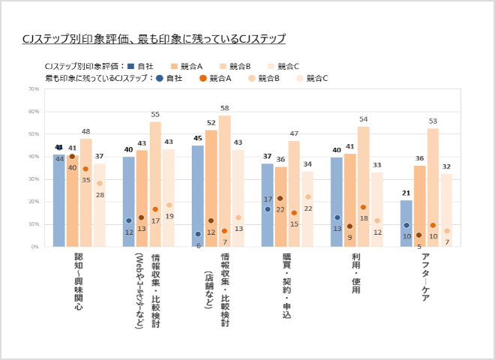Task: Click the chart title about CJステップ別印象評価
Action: tap(154, 37)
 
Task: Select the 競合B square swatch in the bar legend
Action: tap(222, 65)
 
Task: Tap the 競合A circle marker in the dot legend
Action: tap(202, 77)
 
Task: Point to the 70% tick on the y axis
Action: tap(34, 89)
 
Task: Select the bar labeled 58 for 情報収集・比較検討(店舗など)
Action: tap(224, 181)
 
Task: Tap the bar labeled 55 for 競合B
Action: tap(155, 184)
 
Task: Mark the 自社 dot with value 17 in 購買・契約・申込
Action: tap(268, 208)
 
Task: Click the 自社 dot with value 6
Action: tap(198, 234)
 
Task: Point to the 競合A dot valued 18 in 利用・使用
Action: tap(363, 207)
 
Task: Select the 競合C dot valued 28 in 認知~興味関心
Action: tap(100, 184)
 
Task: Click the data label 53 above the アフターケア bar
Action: tap(433, 121)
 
